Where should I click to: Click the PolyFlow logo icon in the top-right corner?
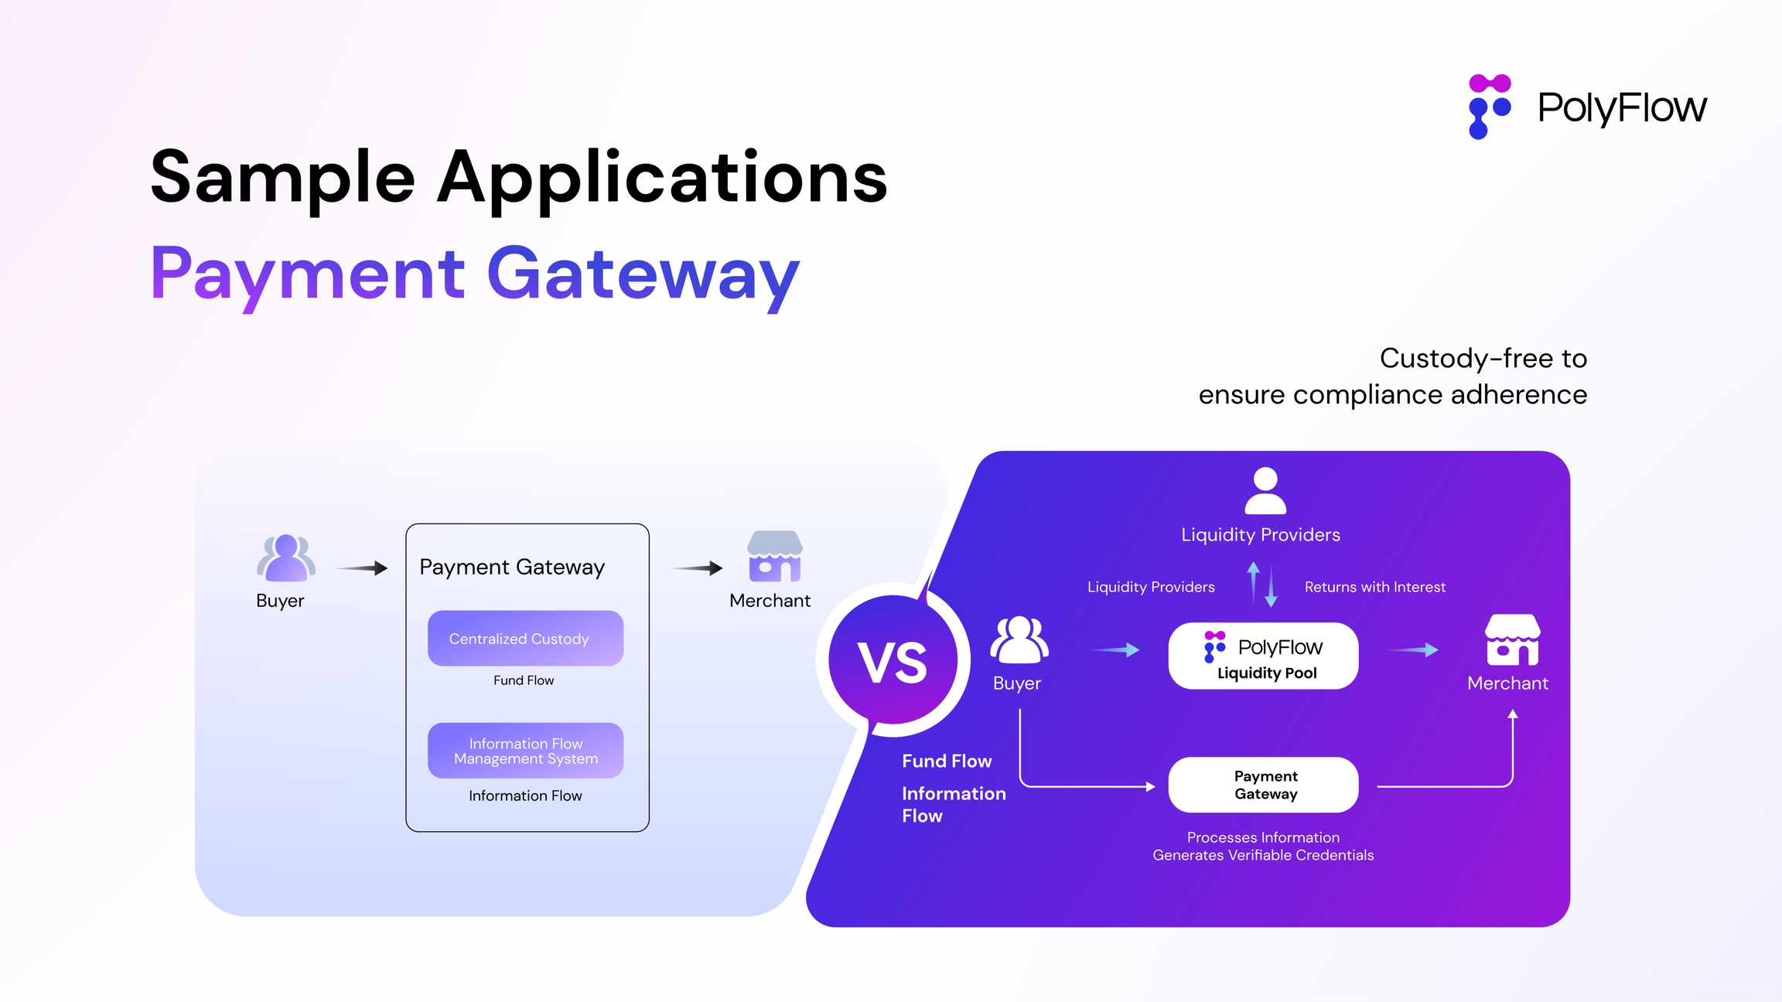1489,107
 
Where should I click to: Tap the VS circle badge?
893,661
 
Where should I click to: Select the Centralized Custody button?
525,639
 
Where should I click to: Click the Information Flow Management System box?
525,751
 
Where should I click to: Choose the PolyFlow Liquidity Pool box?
1263,656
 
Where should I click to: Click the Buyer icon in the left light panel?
286,558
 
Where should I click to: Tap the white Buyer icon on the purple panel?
1019,640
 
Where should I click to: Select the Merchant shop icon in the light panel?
774,556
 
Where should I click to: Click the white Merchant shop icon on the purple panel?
1512,640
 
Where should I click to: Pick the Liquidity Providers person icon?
1265,491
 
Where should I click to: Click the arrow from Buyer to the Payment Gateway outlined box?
362,568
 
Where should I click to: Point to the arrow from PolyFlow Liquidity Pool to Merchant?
1414,650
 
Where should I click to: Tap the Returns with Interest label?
1374,588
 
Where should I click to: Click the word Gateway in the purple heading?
643,274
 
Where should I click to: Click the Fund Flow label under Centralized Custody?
524,680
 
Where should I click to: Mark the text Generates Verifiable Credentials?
1263,855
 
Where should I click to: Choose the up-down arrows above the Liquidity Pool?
1262,584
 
